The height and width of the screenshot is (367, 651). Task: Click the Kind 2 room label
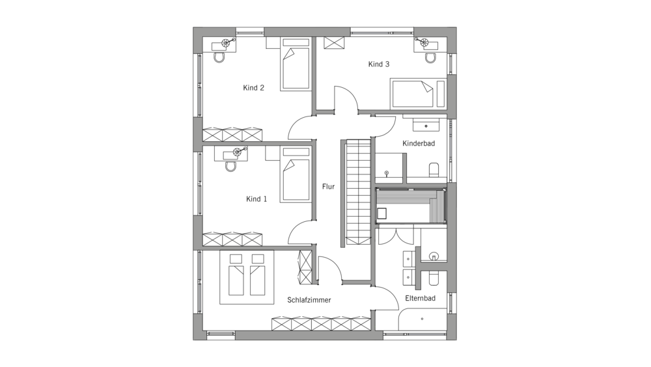tap(253, 88)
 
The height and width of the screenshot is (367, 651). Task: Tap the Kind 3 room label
tap(379, 64)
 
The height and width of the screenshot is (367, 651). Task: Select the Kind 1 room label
tap(256, 199)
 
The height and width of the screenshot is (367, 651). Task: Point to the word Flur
tap(328, 187)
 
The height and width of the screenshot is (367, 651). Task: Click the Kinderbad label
tap(419, 143)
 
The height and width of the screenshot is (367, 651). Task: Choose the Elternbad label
tap(420, 298)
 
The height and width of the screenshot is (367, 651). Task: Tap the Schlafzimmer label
tap(309, 300)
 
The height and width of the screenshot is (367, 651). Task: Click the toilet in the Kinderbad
tap(434, 170)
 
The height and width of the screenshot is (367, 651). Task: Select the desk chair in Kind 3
tap(430, 58)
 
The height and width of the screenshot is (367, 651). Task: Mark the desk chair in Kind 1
tap(229, 167)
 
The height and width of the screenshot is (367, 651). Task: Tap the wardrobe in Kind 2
tap(232, 135)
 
